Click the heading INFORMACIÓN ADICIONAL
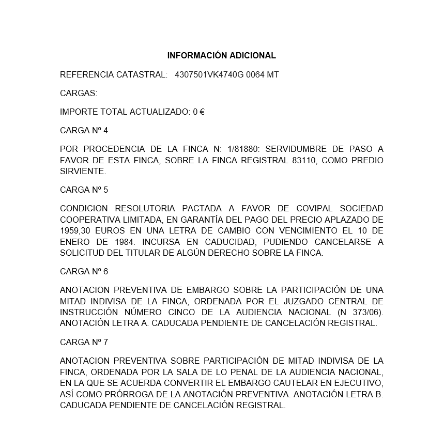coord(222,56)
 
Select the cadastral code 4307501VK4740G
coord(209,75)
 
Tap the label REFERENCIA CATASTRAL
coord(114,75)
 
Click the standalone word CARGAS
coord(79,94)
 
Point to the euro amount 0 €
coord(199,112)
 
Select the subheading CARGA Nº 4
coord(84,130)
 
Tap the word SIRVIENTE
coord(83,171)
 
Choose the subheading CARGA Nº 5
coord(84,190)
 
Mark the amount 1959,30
coord(76,230)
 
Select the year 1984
coord(125,242)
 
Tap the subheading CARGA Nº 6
coord(84,271)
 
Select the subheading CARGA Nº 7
coord(84,342)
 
